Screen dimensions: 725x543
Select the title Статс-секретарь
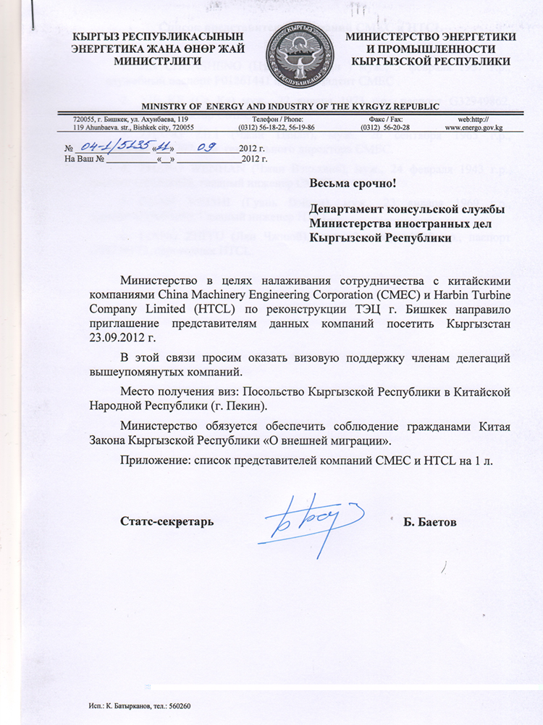pyautogui.click(x=167, y=521)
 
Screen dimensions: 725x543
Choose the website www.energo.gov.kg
pyautogui.click(x=474, y=127)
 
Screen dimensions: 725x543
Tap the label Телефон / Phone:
pyautogui.click(x=271, y=118)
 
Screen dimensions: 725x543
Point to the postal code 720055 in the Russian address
pyautogui.click(x=88, y=118)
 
